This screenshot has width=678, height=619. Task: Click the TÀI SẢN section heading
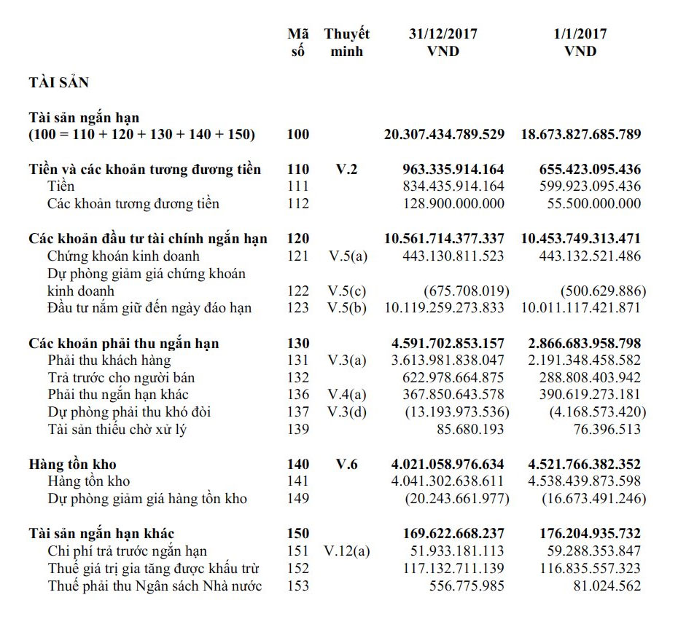click(58, 83)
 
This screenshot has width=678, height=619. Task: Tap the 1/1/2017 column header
click(580, 42)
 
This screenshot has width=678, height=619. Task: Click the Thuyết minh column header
click(347, 42)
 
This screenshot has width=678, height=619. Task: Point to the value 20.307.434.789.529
click(444, 134)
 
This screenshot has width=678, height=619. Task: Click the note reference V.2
click(347, 170)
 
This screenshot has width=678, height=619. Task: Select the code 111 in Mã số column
click(298, 186)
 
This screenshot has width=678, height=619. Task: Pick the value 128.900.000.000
click(453, 204)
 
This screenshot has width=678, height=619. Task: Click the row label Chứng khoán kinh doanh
click(123, 256)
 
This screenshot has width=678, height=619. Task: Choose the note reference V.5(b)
click(347, 308)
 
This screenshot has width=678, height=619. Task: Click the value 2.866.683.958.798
click(581, 343)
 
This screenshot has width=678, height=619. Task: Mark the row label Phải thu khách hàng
click(109, 360)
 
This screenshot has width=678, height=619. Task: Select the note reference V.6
click(347, 464)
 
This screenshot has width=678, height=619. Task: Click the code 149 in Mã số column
click(298, 499)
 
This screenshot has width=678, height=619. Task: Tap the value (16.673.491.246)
click(593, 499)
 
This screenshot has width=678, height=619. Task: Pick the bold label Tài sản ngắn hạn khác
click(101, 534)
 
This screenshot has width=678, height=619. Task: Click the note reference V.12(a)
click(347, 551)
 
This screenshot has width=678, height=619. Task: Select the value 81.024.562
click(606, 586)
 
